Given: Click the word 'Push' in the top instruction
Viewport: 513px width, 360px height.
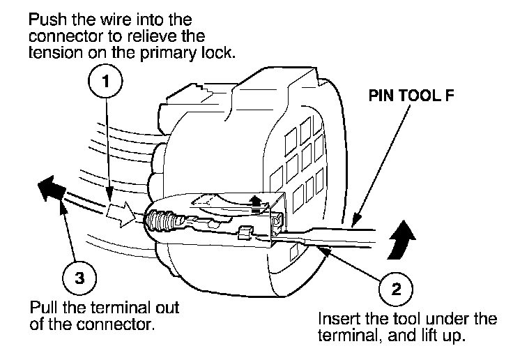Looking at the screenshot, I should [45, 17].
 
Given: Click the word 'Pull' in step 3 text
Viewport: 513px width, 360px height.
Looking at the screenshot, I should [42, 307].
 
